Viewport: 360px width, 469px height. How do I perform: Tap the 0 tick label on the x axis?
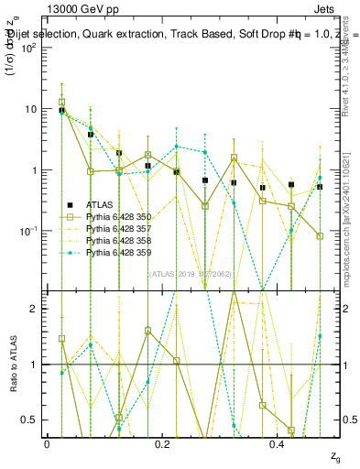[48, 444]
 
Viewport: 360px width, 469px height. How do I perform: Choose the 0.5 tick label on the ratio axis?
[29, 420]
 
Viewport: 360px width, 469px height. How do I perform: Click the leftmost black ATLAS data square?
[62, 110]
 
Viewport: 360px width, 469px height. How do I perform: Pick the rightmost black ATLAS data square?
[320, 187]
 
